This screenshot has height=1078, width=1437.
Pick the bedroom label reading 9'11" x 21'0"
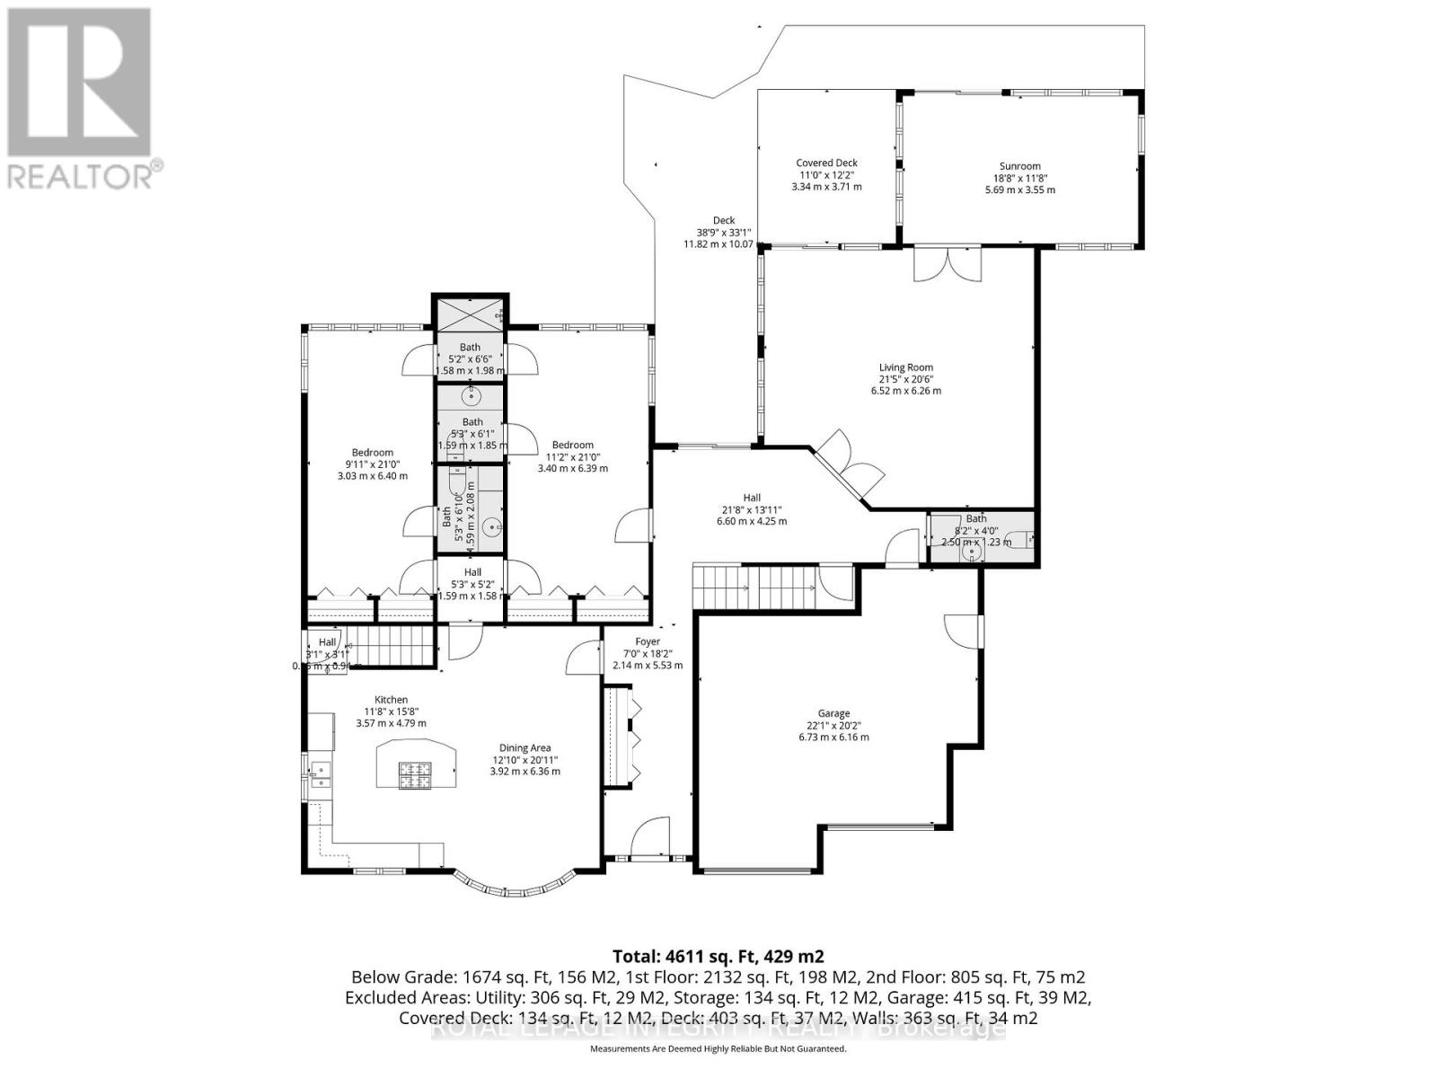372,464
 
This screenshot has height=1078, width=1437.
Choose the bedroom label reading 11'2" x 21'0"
572,456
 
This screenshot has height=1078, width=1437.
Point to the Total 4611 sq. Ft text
718,956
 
